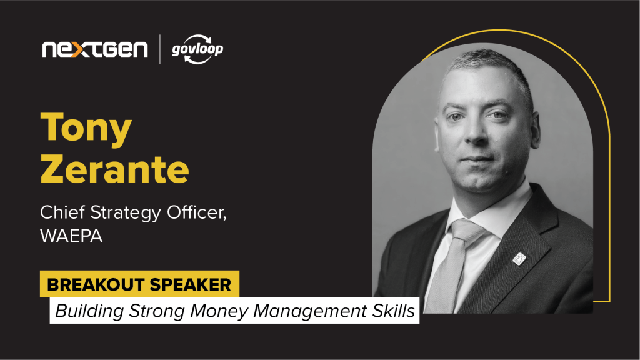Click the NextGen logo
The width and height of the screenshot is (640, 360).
pos(95,49)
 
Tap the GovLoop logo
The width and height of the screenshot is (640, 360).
pos(197,49)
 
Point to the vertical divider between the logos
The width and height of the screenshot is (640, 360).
pos(159,49)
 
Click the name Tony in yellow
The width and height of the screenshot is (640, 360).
pos(86,127)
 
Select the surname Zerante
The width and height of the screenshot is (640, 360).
pos(115,169)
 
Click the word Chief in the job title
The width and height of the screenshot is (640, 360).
pos(62,212)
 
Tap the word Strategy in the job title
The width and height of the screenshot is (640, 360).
pos(126,213)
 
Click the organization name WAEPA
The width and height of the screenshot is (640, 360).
pos(71,236)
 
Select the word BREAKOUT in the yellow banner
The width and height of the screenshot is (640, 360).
pos(96,284)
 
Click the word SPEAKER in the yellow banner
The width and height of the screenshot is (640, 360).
pos(191,284)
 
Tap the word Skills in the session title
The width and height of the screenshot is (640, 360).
pos(394,311)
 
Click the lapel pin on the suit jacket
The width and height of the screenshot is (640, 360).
pos(519,259)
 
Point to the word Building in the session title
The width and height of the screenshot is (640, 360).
pos(89,311)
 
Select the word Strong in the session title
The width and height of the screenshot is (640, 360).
pos(157,312)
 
